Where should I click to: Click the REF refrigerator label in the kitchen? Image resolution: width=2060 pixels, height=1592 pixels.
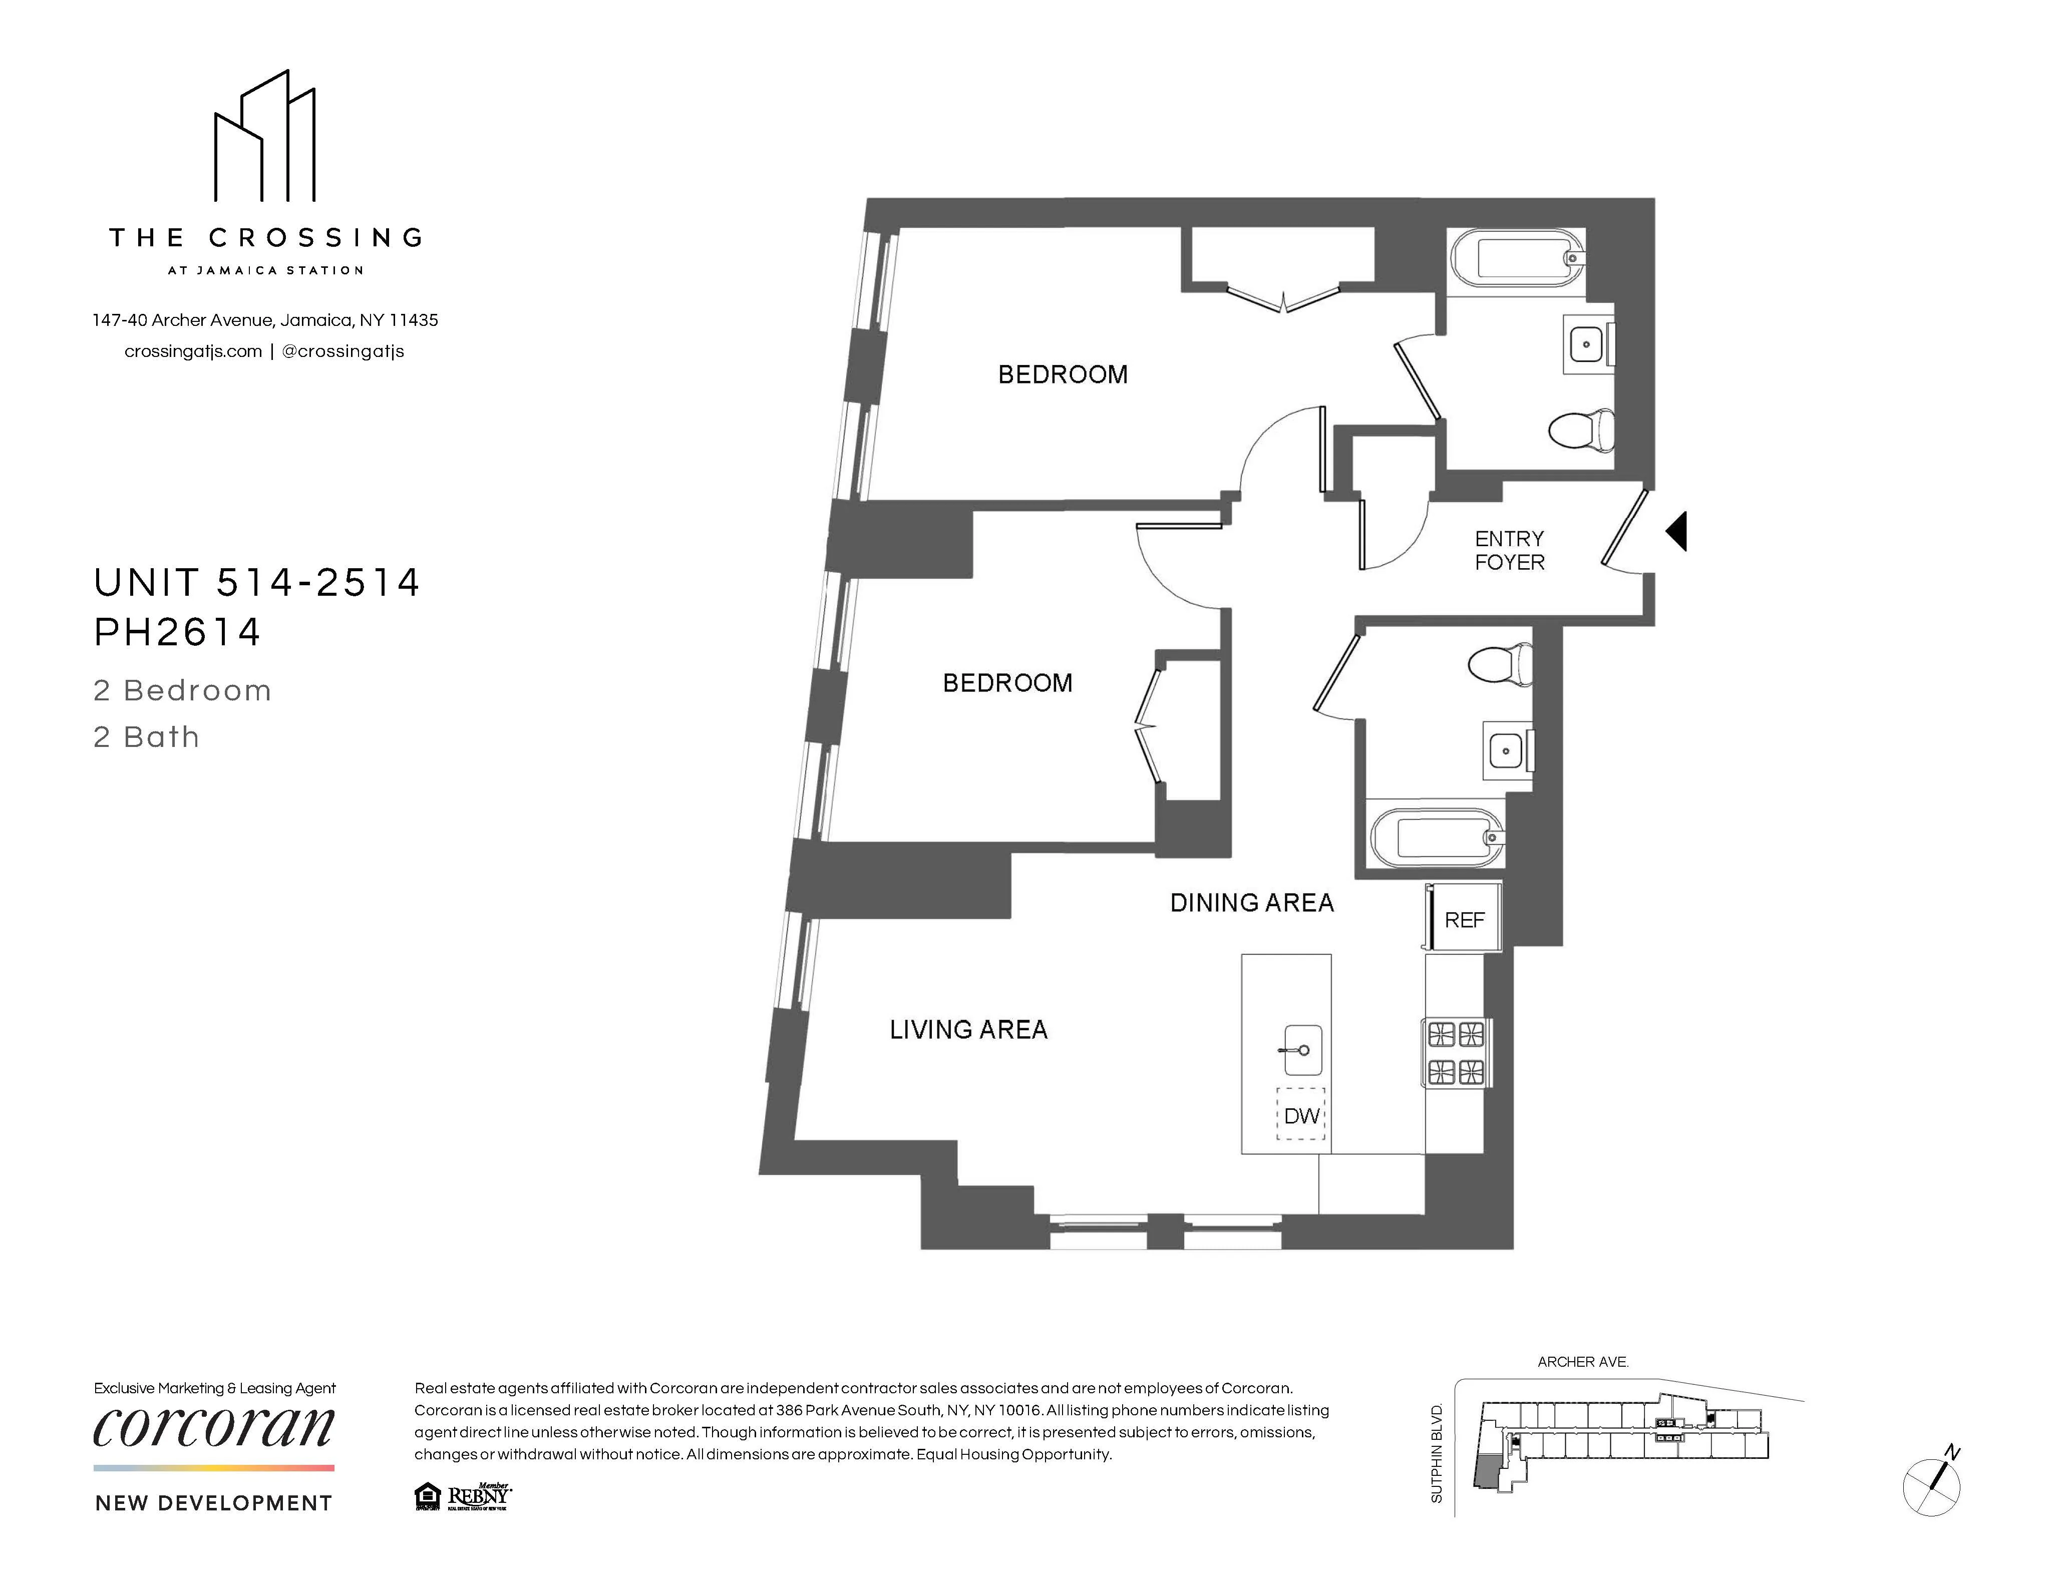(x=1464, y=920)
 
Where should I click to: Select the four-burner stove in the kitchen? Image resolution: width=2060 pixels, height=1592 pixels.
(x=1456, y=1052)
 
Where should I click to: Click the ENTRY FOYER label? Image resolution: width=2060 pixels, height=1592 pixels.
(x=1509, y=550)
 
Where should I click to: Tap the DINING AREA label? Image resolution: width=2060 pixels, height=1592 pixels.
(x=1252, y=903)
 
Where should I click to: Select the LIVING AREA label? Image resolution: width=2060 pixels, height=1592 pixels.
(x=969, y=1029)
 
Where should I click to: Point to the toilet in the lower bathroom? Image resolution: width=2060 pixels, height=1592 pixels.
(x=1501, y=663)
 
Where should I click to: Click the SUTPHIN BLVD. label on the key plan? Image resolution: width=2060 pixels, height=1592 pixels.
(x=1437, y=1452)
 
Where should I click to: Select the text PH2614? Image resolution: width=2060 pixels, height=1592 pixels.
(x=177, y=632)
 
